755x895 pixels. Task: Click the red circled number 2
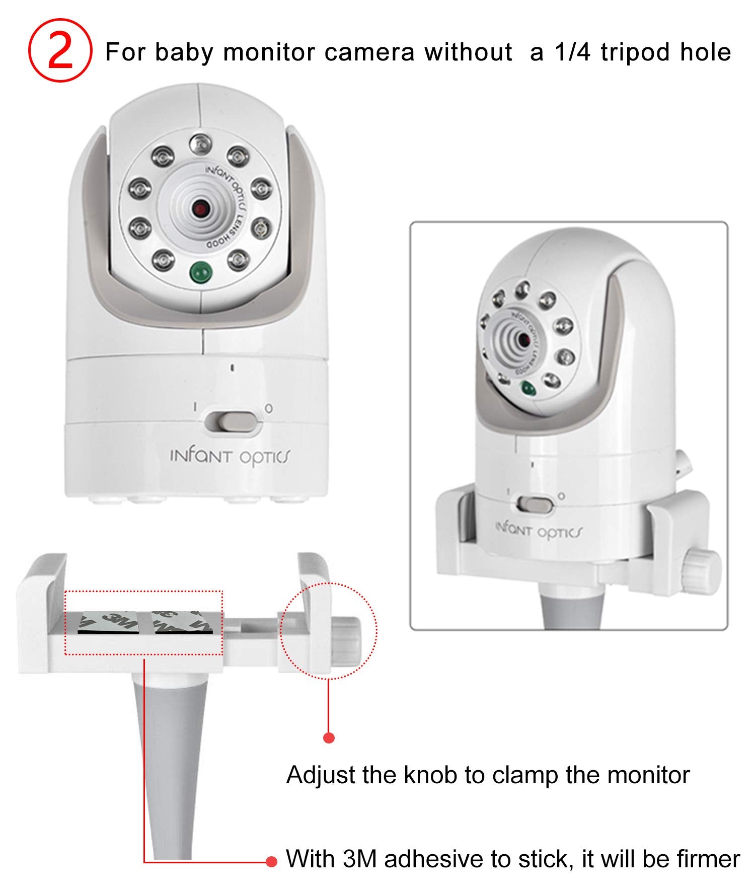[60, 51]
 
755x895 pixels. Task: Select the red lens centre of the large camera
[200, 208]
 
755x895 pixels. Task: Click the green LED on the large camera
[201, 272]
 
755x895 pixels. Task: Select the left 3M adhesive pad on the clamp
[110, 621]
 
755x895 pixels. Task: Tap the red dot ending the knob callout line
[329, 738]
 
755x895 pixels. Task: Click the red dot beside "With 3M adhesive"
[272, 862]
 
